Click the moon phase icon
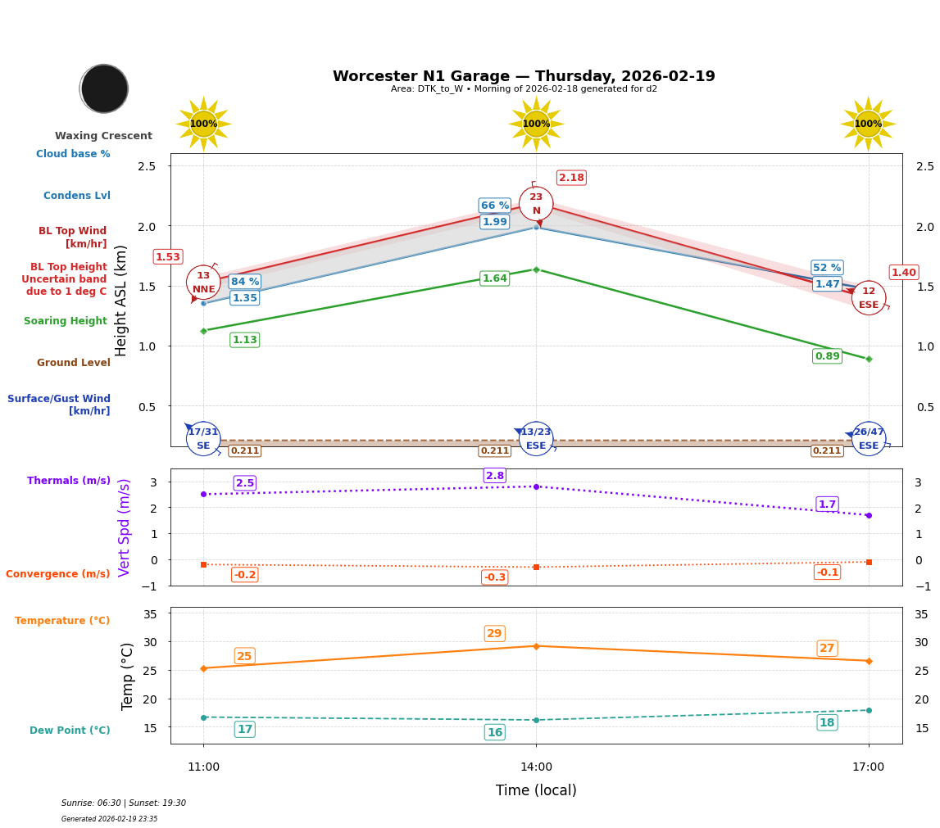[x=104, y=88]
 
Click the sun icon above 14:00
[x=536, y=124]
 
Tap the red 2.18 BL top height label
[x=571, y=178]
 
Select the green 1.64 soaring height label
[x=494, y=278]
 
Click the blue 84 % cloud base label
[x=244, y=282]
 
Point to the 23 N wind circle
[x=536, y=204]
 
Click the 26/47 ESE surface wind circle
[x=868, y=439]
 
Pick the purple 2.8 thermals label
[x=495, y=476]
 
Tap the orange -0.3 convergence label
[x=494, y=577]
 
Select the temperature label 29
[x=494, y=634]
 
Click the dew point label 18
[x=827, y=722]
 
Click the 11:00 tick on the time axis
[x=203, y=767]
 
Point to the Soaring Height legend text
[x=66, y=321]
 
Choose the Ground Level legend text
[x=74, y=363]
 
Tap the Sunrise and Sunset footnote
[x=124, y=803]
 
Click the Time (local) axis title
[x=536, y=790]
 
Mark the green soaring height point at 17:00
[x=868, y=359]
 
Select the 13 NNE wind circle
[x=203, y=283]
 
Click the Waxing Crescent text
[x=103, y=136]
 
